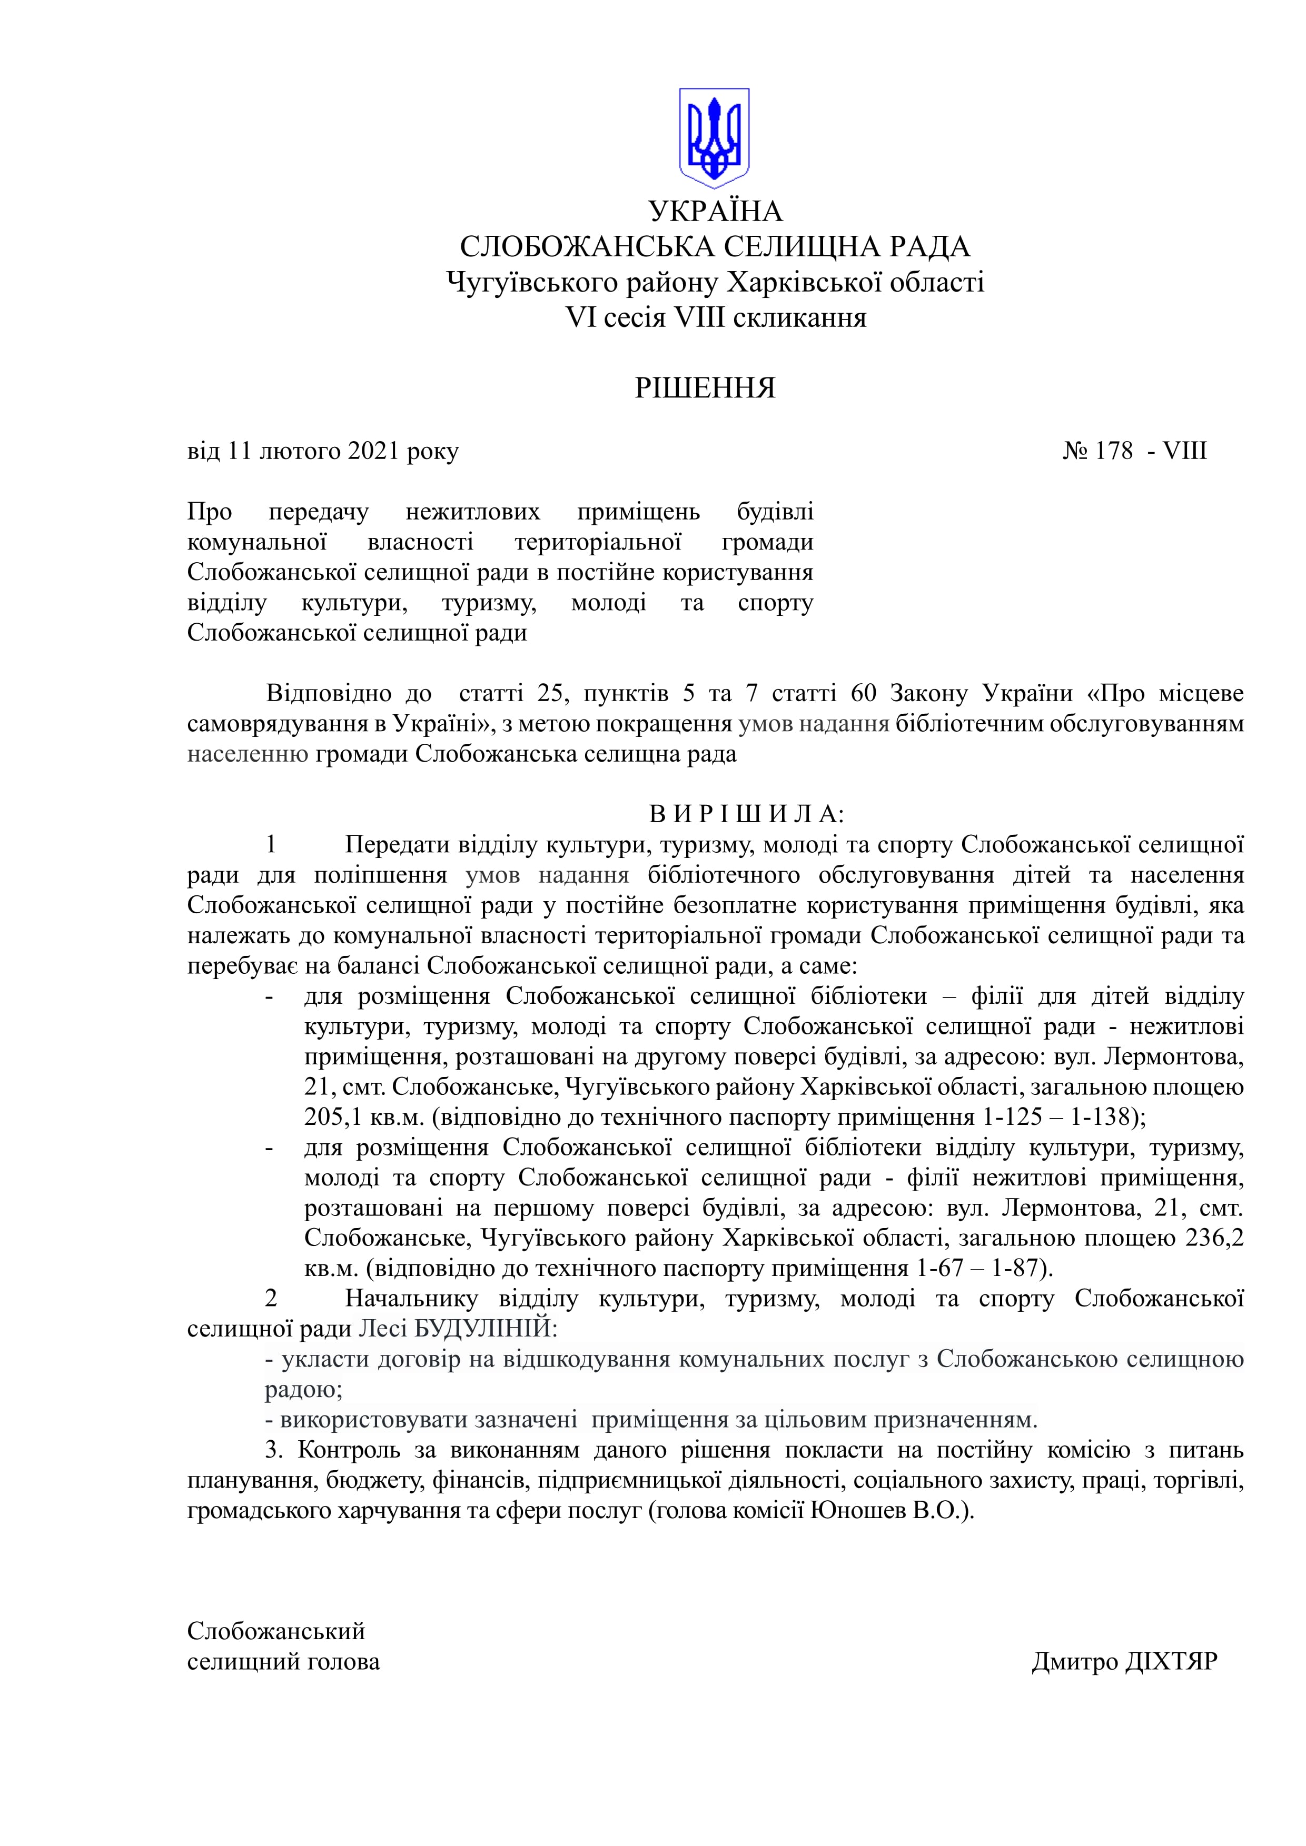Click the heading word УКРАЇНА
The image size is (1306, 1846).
pos(715,212)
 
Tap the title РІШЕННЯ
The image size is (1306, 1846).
pos(705,388)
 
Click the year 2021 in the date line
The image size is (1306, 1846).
pos(373,451)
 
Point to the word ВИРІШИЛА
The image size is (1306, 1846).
pos(746,814)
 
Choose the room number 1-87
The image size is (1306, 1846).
pos(1017,1268)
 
